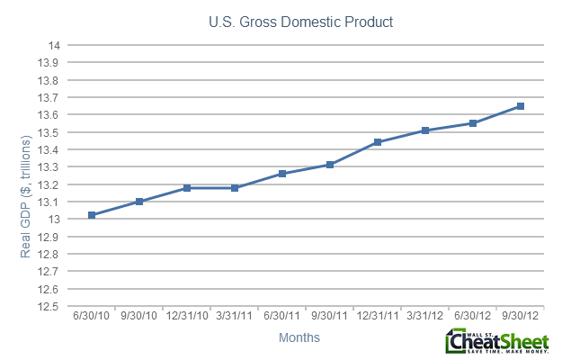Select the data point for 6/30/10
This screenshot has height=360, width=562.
point(93,215)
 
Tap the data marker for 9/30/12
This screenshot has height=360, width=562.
point(520,106)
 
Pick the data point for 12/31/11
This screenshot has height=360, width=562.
point(377,142)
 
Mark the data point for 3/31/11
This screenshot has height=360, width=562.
point(235,187)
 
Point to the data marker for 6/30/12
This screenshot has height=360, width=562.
point(472,123)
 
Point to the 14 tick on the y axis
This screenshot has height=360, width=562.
point(54,46)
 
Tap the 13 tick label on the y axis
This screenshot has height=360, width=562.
point(54,220)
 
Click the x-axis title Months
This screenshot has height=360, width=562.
point(298,338)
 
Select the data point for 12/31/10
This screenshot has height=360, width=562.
point(187,188)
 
